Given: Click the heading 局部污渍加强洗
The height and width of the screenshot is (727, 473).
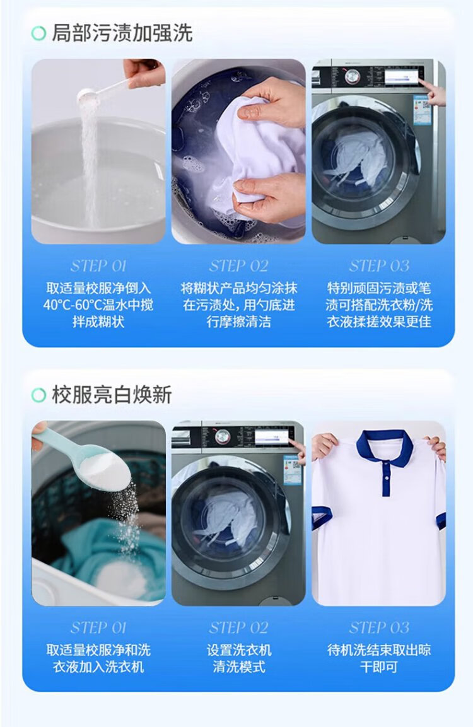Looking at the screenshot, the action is click(122, 33).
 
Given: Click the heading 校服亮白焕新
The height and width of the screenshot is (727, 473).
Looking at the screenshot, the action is click(112, 395).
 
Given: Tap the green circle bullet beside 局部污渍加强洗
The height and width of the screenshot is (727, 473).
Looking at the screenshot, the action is click(38, 33).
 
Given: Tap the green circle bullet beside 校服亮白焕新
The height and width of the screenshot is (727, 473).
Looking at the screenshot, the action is click(38, 395).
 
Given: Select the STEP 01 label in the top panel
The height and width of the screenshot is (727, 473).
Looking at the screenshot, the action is click(98, 265).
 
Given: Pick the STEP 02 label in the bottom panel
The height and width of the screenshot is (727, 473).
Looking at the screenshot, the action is click(238, 628).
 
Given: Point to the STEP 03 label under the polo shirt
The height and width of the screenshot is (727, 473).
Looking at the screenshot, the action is click(379, 628).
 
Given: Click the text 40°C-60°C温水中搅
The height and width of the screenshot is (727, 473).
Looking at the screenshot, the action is click(98, 305).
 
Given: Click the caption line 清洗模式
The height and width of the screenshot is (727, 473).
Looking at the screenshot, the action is click(239, 666).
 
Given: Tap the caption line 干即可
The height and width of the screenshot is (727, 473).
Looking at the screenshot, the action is click(379, 666).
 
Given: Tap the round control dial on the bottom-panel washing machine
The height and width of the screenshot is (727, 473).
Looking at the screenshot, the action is click(223, 437).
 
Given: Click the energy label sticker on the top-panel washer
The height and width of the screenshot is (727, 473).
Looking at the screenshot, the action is click(422, 110).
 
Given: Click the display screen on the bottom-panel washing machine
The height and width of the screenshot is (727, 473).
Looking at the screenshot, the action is click(272, 437).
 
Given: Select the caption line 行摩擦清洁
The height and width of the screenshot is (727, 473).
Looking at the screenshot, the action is click(239, 322).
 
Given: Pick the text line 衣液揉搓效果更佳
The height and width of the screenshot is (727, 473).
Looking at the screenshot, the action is click(379, 322).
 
